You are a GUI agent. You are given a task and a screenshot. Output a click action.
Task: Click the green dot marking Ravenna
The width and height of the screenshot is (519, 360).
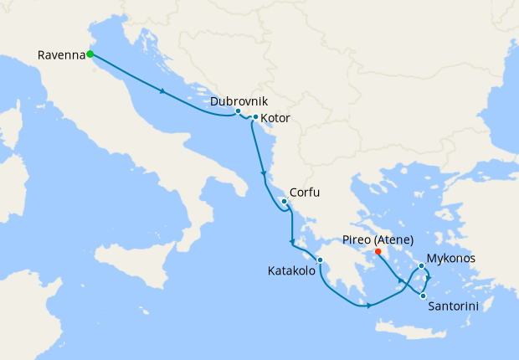tap(90, 55)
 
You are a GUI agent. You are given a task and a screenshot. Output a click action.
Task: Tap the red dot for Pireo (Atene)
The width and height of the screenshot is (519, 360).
tap(378, 250)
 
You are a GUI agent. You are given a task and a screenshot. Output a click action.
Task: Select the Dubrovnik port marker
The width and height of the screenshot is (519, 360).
tap(238, 111)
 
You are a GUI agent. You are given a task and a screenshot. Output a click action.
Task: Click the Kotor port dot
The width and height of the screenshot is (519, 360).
tap(255, 117)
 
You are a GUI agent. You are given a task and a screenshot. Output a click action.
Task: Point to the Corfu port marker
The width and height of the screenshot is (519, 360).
tap(285, 202)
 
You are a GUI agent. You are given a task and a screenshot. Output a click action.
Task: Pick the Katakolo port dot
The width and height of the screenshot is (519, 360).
tap(320, 260)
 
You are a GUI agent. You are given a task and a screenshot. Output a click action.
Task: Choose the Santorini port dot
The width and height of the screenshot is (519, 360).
tap(424, 296)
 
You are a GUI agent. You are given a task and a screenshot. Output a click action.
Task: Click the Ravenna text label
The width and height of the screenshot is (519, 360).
tap(61, 55)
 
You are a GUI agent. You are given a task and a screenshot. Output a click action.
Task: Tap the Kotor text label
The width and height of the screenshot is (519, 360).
tap(275, 118)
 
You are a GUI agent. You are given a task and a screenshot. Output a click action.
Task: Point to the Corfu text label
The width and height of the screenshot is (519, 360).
tap(304, 193)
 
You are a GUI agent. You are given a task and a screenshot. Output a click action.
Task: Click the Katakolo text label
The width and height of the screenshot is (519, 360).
tap(292, 271)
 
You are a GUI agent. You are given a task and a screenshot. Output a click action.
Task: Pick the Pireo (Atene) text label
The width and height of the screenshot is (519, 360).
tap(378, 239)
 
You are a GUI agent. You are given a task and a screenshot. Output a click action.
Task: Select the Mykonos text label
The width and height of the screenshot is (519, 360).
tap(451, 258)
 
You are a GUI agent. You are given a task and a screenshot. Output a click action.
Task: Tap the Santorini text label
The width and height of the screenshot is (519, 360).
tap(453, 307)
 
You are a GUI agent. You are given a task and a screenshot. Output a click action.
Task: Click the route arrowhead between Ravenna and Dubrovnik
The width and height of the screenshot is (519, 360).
tap(161, 91)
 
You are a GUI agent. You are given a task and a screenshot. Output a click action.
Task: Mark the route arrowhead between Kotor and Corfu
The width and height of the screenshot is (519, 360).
tap(265, 176)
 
